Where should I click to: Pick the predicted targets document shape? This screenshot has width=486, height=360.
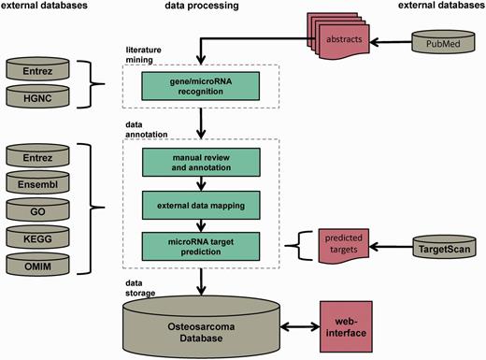337,246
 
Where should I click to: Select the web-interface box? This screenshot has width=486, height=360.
354,324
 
